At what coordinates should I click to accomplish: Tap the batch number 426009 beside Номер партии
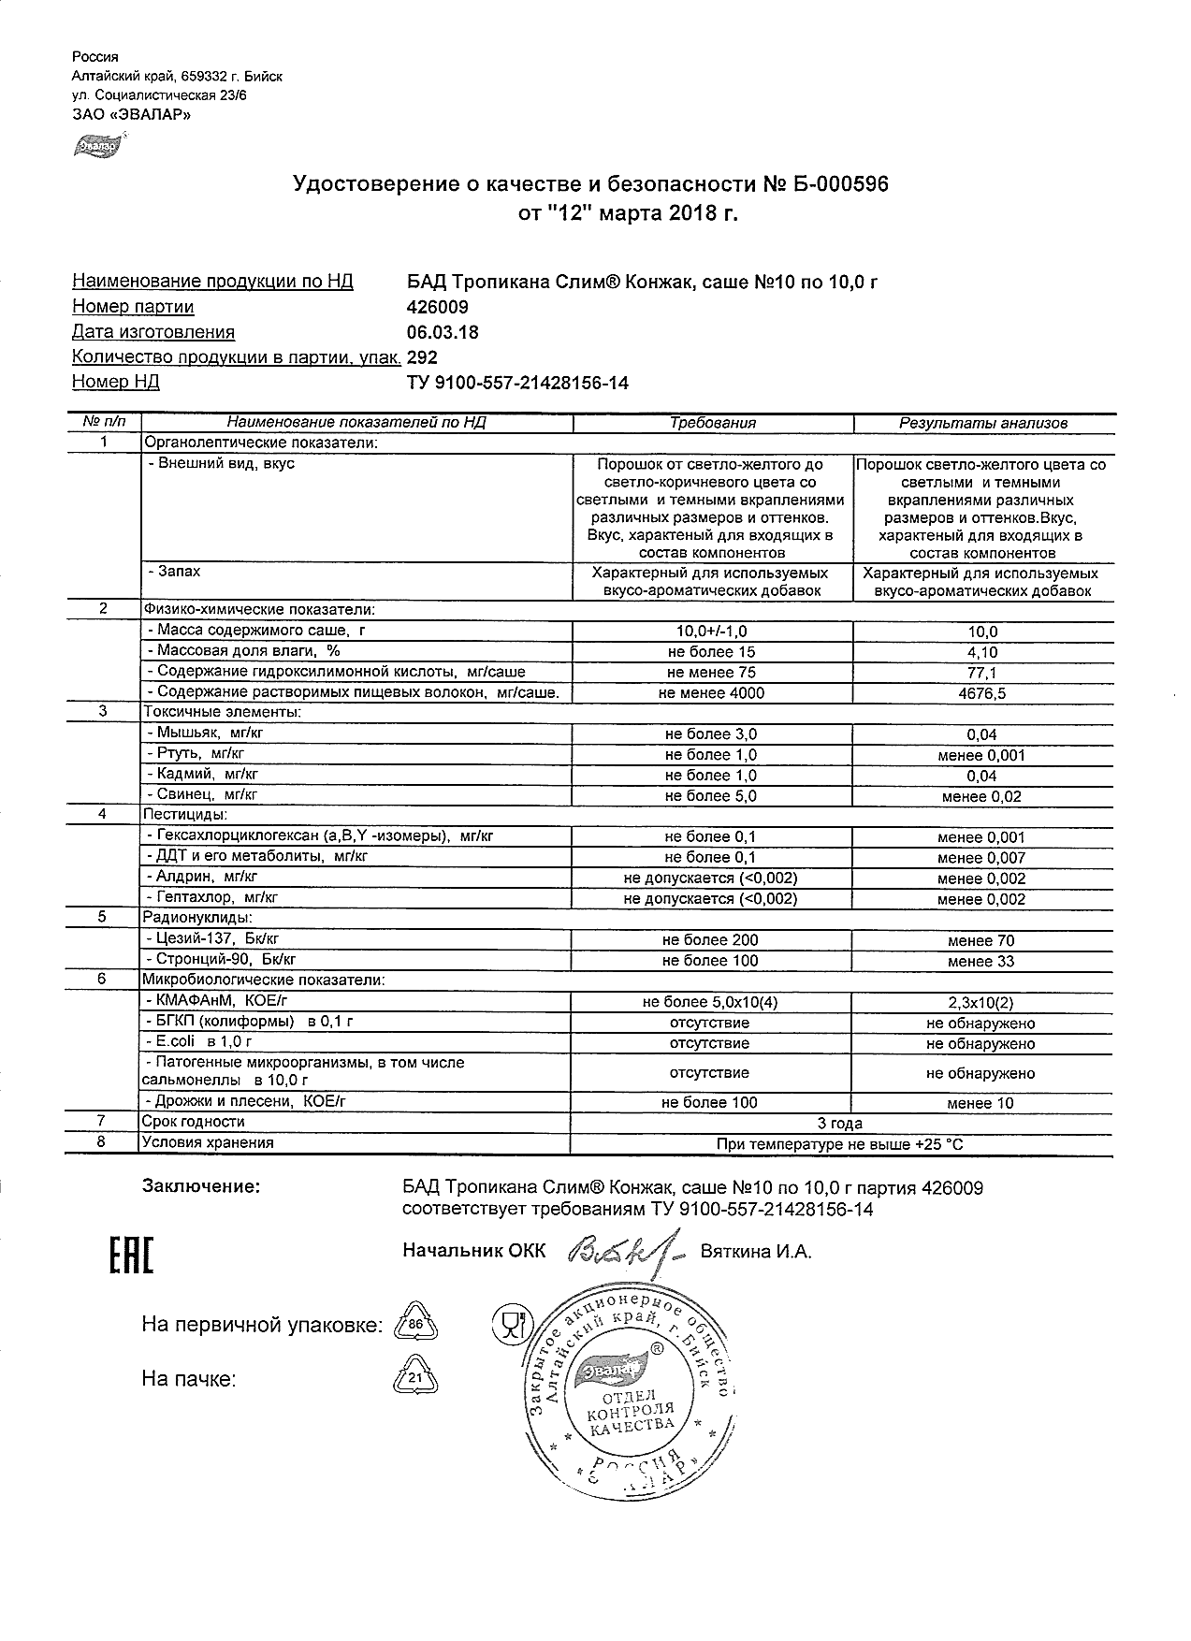click(x=438, y=307)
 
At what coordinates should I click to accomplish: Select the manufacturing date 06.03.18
click(x=443, y=332)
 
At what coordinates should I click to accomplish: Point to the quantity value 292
click(x=423, y=357)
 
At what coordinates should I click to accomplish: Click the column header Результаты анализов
click(x=982, y=423)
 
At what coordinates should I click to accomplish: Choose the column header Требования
click(x=713, y=423)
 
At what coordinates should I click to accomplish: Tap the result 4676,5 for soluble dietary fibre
click(x=982, y=693)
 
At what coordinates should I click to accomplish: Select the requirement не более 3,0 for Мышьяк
click(x=711, y=734)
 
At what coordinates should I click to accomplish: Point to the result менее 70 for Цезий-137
click(x=980, y=940)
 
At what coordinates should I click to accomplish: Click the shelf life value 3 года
click(x=840, y=1123)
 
